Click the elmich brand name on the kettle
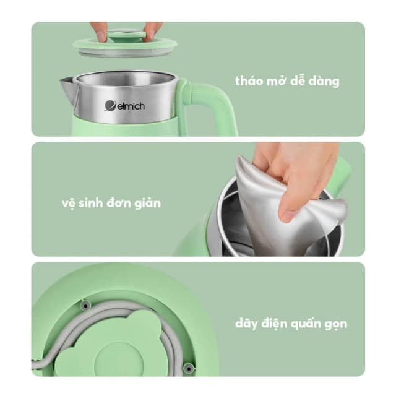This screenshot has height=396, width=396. pyautogui.click(x=128, y=106)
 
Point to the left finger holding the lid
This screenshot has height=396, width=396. pyautogui.click(x=100, y=32)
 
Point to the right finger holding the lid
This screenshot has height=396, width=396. pyautogui.click(x=152, y=32)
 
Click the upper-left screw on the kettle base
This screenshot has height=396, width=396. pyautogui.click(x=86, y=305)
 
